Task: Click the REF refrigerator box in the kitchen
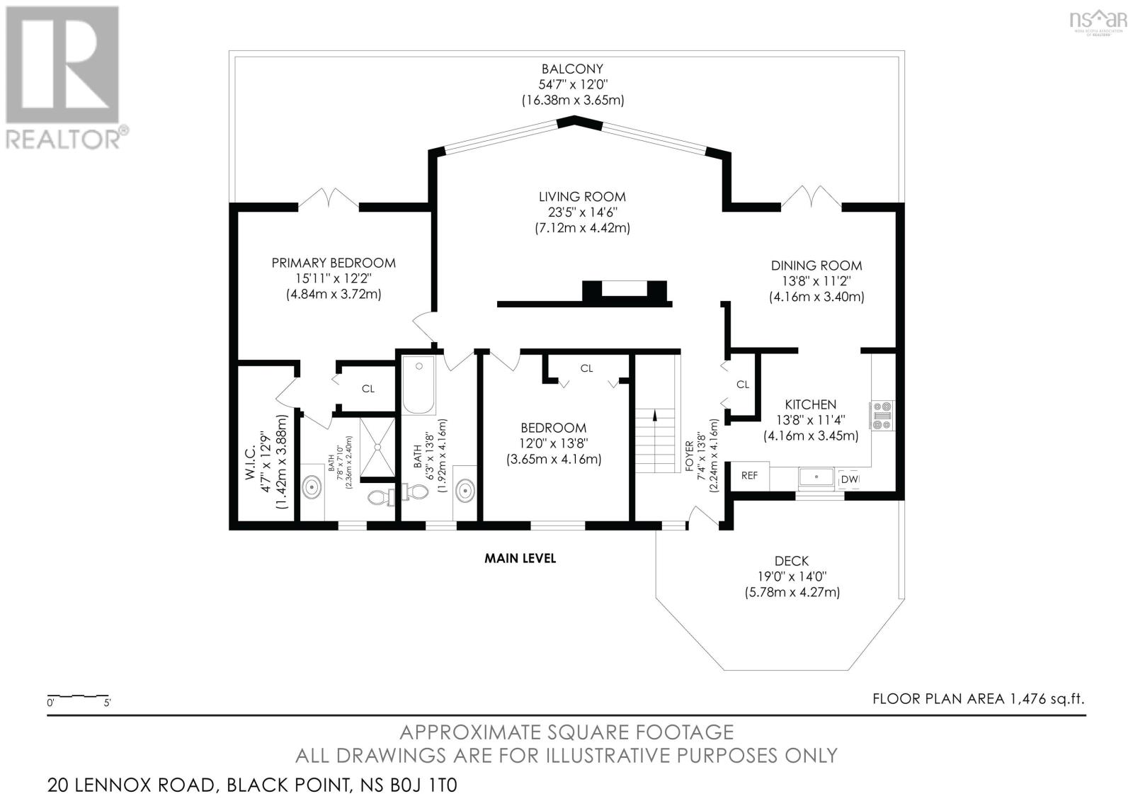click(x=750, y=476)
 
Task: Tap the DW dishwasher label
click(x=850, y=479)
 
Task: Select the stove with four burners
click(x=882, y=416)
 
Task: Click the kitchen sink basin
click(x=816, y=477)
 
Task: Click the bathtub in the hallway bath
click(x=419, y=385)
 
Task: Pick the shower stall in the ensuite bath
click(x=377, y=447)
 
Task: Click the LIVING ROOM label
click(x=582, y=197)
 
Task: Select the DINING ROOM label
click(x=816, y=266)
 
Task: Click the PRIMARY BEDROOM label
click(x=334, y=263)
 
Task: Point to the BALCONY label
click(x=573, y=69)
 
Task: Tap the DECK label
click(x=792, y=561)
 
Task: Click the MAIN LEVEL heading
click(x=520, y=558)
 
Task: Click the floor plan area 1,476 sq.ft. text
click(x=979, y=699)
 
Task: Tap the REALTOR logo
click(x=64, y=79)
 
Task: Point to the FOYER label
click(x=689, y=456)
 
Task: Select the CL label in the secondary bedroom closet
click(x=586, y=368)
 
